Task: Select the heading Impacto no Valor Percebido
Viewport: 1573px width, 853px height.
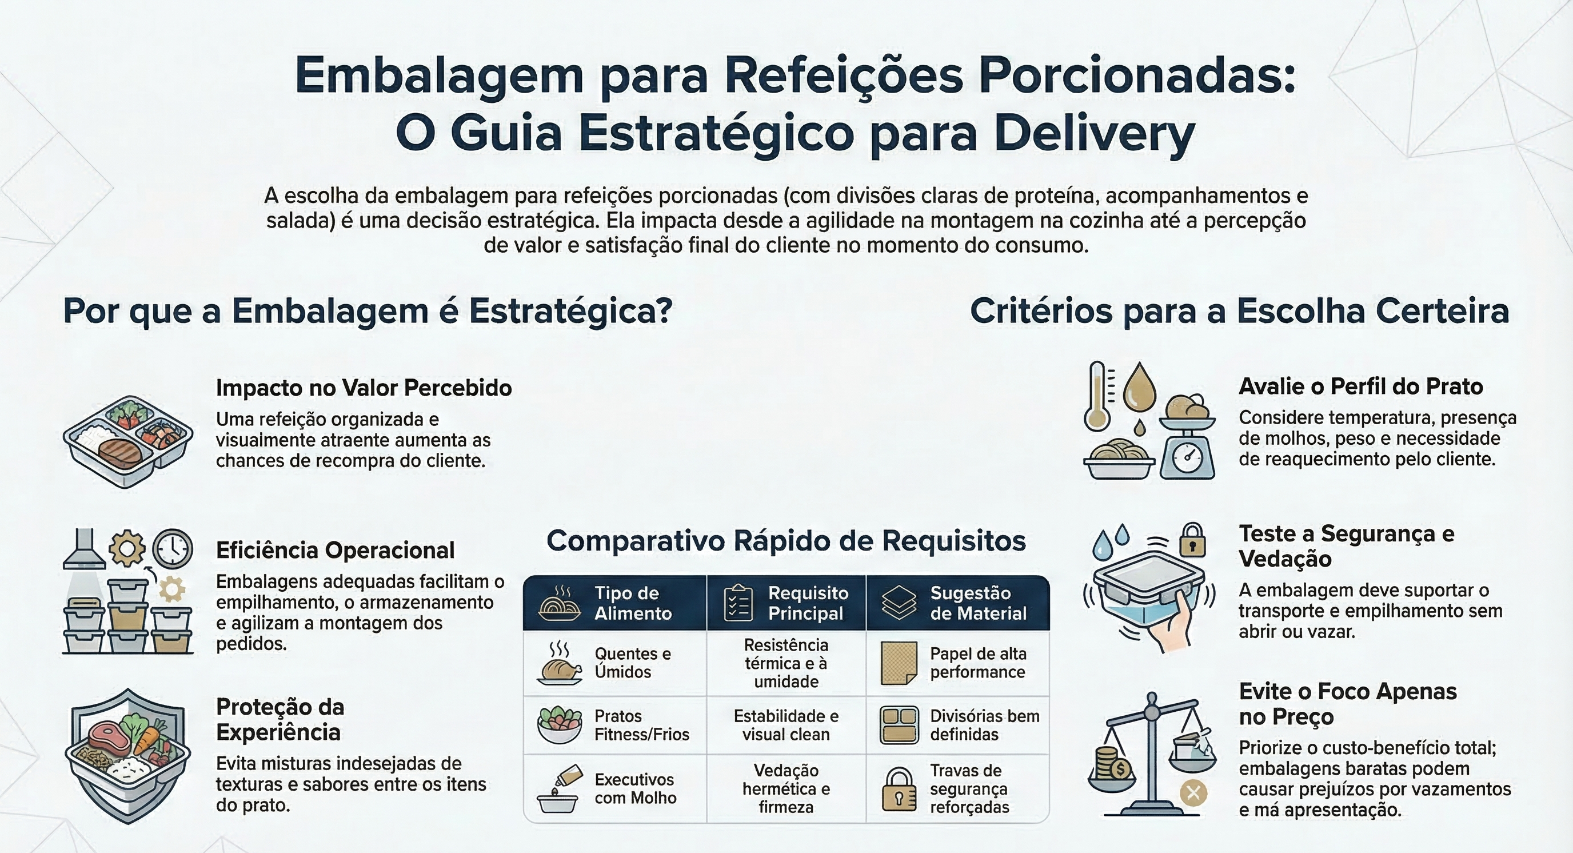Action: tap(364, 388)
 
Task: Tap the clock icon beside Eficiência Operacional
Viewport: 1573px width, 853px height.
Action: tap(172, 548)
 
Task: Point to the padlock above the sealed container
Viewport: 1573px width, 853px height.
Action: tap(1192, 540)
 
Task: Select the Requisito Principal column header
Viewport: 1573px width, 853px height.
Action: tap(807, 603)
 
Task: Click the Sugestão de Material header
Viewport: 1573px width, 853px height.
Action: tap(977, 603)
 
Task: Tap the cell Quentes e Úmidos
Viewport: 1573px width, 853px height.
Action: tap(632, 663)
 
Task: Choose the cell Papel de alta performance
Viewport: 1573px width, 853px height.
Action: tap(977, 663)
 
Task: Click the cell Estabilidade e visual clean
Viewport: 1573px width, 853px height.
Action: tap(786, 725)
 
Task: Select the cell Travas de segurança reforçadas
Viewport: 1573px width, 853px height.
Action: tap(969, 788)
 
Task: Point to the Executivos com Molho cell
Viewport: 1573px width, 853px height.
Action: tap(635, 788)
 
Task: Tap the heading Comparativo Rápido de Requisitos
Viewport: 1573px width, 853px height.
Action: tap(786, 541)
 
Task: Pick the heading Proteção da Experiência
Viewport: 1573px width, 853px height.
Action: tap(280, 719)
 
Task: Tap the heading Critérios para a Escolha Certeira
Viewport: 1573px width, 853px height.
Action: tap(1239, 311)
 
